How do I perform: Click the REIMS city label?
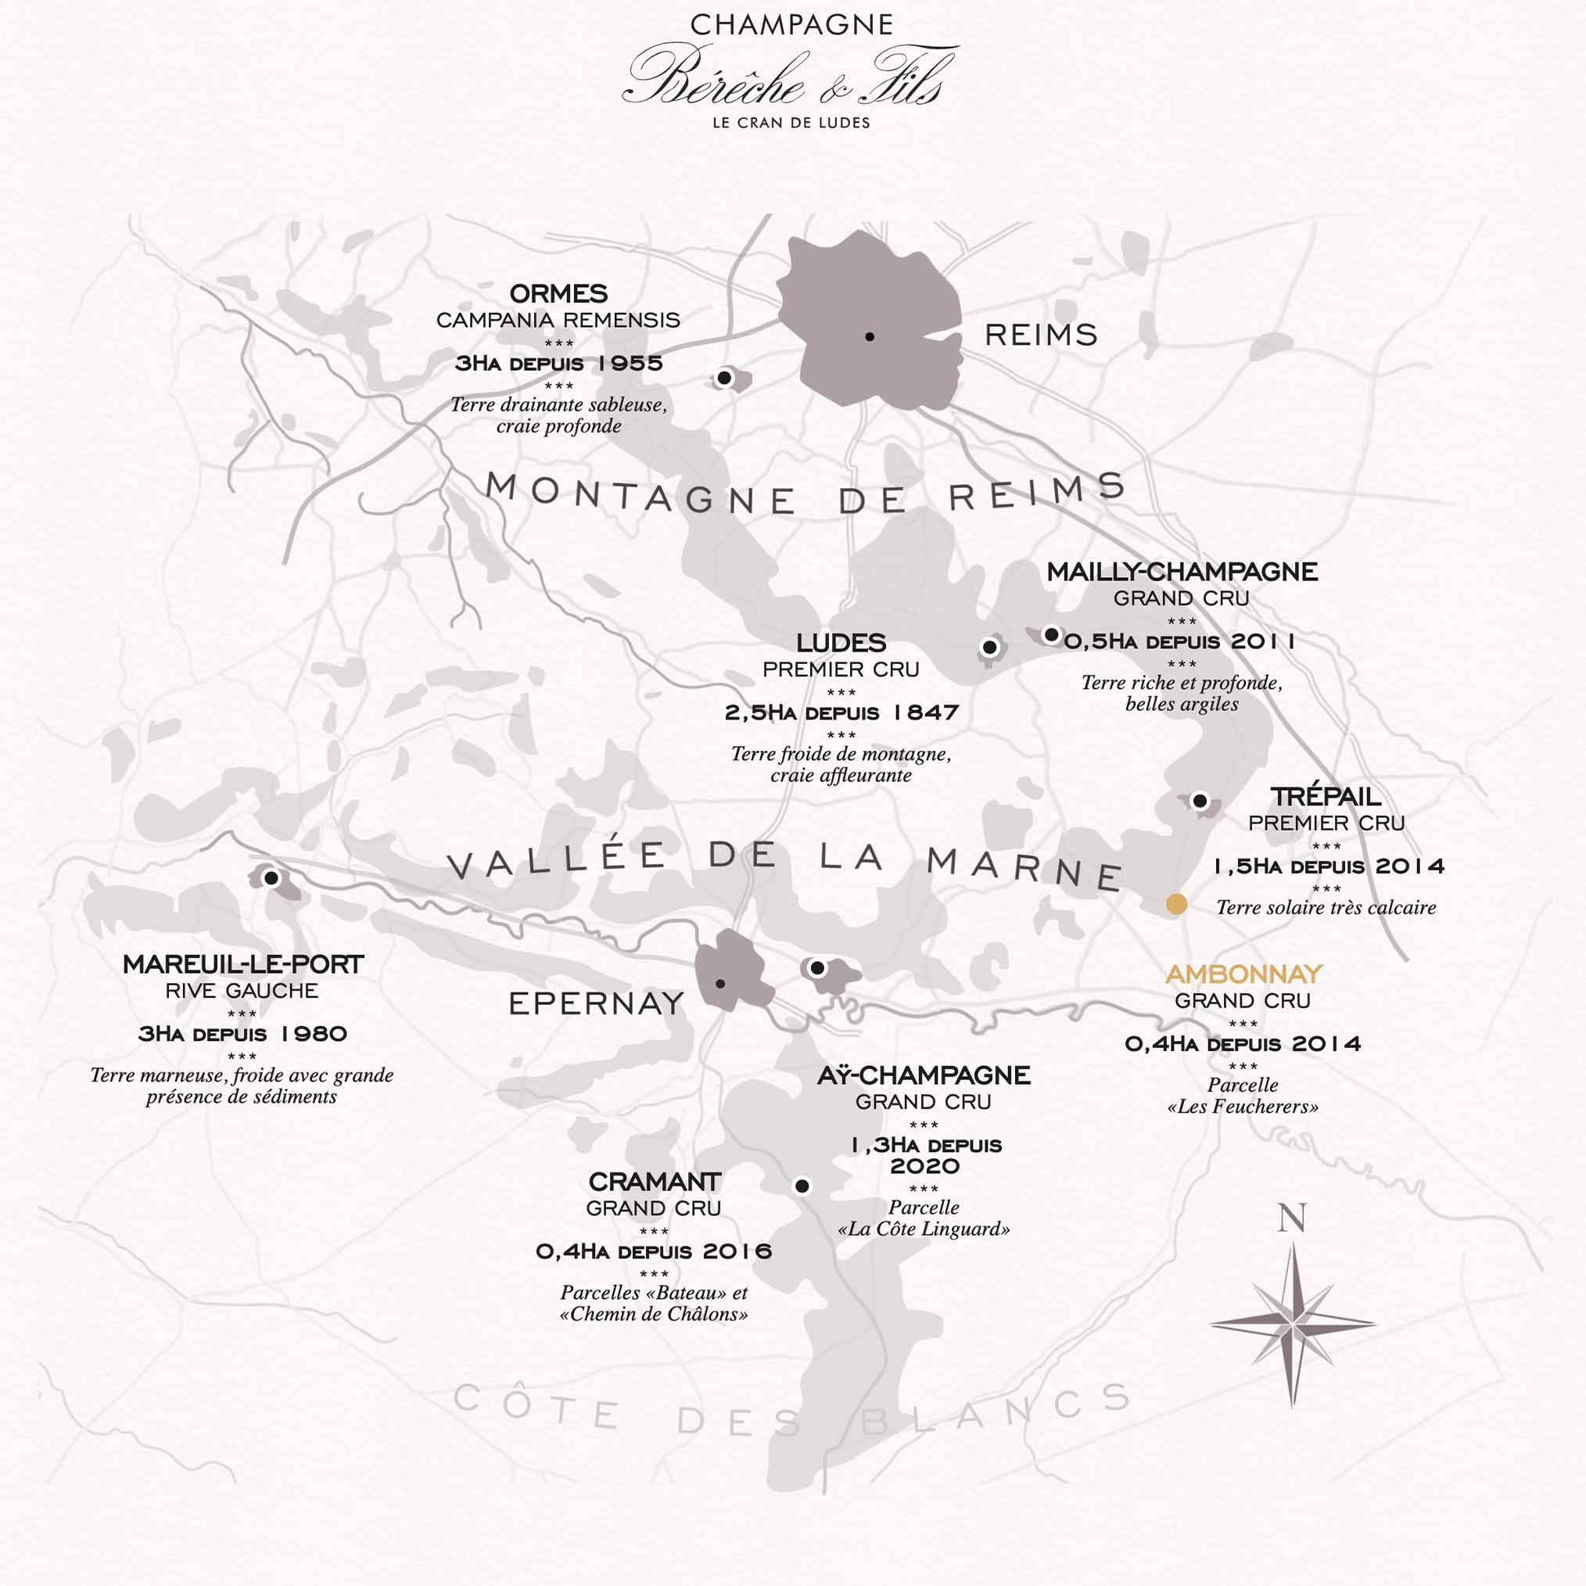point(1040,335)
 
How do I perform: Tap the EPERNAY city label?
point(596,1003)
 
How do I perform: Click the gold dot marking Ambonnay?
point(1176,904)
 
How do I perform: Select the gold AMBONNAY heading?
point(1243,974)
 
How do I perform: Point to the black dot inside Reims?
point(870,336)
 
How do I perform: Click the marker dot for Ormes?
point(724,378)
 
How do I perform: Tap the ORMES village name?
point(558,294)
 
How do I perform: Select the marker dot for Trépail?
point(1200,800)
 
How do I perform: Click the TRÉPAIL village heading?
point(1326,796)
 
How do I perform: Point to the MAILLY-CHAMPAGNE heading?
point(1182,572)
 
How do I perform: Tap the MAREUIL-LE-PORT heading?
point(242,964)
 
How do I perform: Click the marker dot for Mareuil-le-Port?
point(271,877)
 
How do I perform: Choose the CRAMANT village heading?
point(654,1182)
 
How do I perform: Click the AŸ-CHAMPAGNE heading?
point(924,1075)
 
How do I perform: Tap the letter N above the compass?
point(1291,1218)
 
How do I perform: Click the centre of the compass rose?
point(1292,1322)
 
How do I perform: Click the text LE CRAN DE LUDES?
point(791,123)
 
